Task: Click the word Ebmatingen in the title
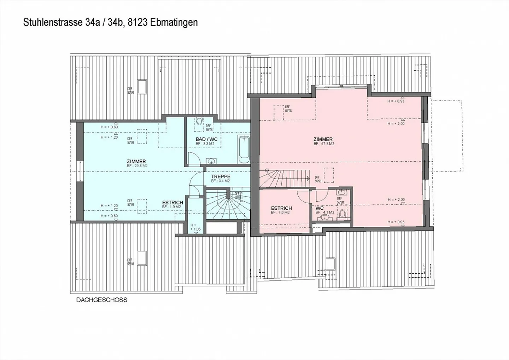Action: tap(174, 23)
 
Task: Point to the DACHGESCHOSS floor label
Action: tap(102, 300)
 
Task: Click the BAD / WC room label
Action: tap(206, 139)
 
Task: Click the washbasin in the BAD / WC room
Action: tap(211, 161)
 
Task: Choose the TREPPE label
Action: tap(221, 176)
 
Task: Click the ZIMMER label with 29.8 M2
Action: tap(136, 162)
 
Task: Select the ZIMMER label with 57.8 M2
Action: tap(323, 139)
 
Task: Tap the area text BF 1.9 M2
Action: tap(172, 207)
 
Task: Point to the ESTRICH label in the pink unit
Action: tap(281, 208)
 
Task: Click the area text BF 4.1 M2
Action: tap(322, 213)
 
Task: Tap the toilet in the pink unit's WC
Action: tap(343, 214)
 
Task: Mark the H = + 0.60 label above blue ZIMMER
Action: tap(109, 127)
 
